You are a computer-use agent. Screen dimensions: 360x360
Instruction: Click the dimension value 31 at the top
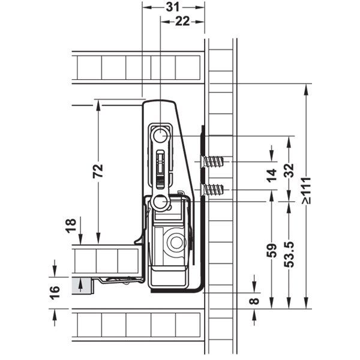[173, 7]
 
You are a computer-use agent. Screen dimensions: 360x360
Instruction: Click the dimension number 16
[55, 292]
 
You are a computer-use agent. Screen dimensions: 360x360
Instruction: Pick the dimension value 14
[272, 175]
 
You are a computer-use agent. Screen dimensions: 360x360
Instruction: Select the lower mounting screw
[214, 190]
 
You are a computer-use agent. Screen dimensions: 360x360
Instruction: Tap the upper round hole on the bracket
[160, 136]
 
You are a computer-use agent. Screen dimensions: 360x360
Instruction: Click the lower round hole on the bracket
[160, 202]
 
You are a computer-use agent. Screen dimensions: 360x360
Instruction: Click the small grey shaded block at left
[79, 286]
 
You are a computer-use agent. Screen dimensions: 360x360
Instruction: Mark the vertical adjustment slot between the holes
[160, 168]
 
